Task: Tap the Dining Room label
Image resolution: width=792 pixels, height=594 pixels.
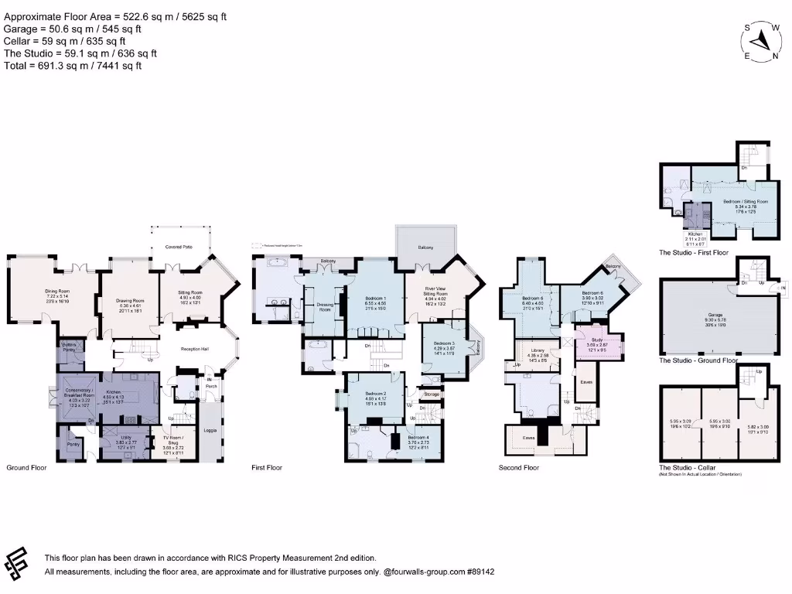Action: tap(57, 292)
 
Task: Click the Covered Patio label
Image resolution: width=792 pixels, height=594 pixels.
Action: tap(179, 247)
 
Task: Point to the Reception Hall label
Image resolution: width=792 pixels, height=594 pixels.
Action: tap(196, 349)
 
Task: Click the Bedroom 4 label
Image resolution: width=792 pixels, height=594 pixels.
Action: tap(415, 439)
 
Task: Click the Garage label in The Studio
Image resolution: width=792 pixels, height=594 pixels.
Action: tap(715, 315)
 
